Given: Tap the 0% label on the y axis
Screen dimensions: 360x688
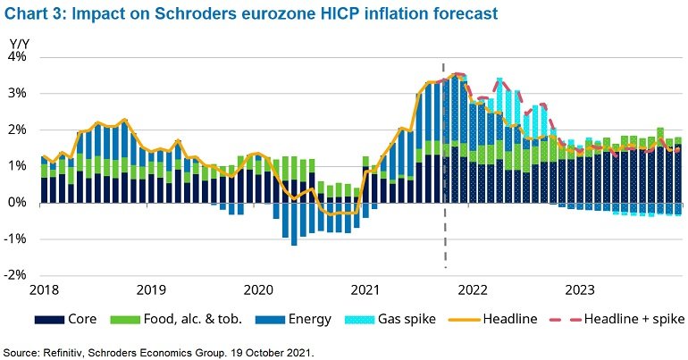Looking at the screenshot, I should pos(20,203).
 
